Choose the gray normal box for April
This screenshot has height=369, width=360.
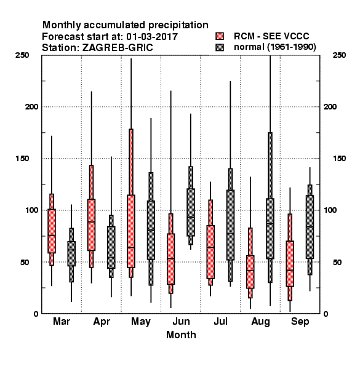coord(111,247)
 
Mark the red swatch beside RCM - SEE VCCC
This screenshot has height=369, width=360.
coord(220,36)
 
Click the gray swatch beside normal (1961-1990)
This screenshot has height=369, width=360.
coord(220,47)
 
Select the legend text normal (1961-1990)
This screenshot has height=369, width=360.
coord(274,47)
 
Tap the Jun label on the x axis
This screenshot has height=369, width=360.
coord(181,321)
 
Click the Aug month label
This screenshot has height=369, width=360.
coord(260,322)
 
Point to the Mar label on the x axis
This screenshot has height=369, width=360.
coord(62,321)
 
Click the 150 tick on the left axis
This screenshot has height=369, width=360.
coord(22,159)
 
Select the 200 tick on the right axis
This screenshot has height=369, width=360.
coord(330,106)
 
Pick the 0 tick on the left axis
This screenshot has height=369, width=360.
coord(36,314)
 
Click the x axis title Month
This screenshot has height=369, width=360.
coord(181,335)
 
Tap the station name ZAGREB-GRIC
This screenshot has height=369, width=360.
coord(118,48)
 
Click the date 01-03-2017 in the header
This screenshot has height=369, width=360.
coord(152,37)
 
